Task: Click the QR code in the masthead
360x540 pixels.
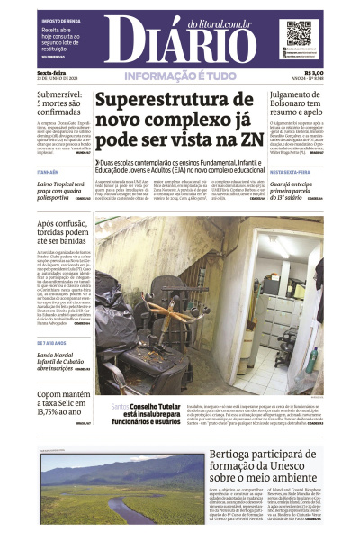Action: (x=299, y=33)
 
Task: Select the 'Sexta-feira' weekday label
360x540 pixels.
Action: (x=51, y=73)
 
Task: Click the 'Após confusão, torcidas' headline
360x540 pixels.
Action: (x=62, y=236)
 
